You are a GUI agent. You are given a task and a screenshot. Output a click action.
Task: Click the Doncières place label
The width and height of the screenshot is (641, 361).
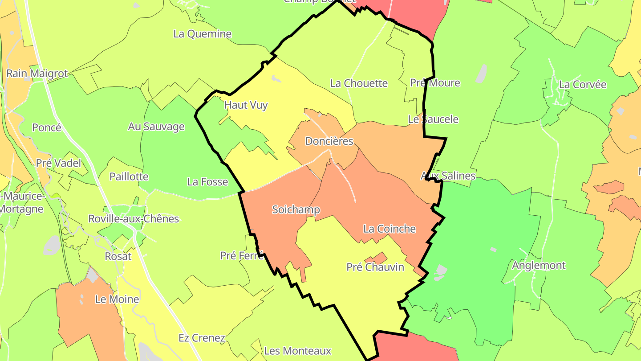(x=329, y=141)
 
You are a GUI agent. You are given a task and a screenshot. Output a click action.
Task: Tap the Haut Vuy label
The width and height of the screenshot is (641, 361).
(x=246, y=105)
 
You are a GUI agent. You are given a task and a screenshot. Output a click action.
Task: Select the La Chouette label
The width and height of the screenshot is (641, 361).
(x=359, y=83)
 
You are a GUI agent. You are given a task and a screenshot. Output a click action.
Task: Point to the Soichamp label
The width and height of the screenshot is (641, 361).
(x=296, y=209)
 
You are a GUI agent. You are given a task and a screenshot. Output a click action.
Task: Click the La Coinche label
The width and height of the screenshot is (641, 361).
(x=389, y=229)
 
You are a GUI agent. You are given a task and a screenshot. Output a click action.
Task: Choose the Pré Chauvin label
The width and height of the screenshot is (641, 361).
(x=375, y=267)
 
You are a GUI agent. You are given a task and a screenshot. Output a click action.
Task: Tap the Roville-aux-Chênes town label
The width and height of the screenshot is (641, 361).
(x=134, y=219)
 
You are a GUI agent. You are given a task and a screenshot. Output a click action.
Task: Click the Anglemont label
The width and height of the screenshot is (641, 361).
(x=539, y=266)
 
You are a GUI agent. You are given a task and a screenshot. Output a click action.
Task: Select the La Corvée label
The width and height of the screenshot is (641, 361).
(x=583, y=85)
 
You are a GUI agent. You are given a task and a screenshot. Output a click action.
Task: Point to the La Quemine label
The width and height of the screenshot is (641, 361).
(x=203, y=34)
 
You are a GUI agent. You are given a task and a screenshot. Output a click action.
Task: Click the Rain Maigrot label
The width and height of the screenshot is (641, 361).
(x=37, y=74)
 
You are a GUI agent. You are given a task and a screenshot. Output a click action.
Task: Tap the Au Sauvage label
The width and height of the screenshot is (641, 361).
(x=156, y=127)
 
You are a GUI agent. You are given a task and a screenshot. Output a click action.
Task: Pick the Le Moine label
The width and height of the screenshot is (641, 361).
(x=117, y=299)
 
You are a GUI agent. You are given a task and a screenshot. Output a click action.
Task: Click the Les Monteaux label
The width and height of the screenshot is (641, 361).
(x=297, y=351)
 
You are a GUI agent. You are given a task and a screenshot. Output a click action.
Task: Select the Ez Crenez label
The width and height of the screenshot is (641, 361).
(x=202, y=338)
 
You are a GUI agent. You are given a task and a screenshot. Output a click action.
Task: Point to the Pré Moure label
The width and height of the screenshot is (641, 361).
(x=435, y=83)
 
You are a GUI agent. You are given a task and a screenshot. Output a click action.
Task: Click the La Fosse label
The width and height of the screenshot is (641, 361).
(x=207, y=182)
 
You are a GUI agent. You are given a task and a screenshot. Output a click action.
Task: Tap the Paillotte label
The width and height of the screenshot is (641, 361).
(x=129, y=176)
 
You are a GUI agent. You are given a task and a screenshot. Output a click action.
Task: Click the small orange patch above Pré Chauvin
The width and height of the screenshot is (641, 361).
(x=376, y=258)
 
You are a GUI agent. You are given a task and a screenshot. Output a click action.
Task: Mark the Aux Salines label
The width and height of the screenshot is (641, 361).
(x=448, y=176)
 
